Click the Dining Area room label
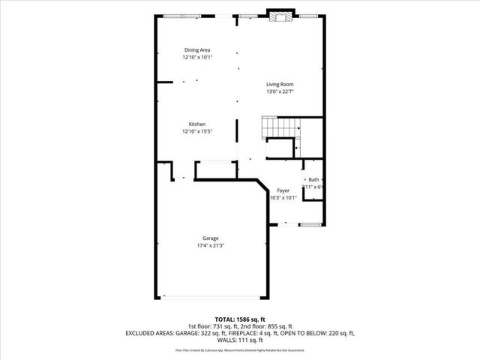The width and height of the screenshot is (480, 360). coord(196,50)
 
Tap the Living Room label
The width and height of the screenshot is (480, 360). coord(280,84)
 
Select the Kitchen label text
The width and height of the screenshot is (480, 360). coord(196,124)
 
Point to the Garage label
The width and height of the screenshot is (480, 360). coord(210,238)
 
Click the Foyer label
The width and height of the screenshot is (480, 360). coord(283,190)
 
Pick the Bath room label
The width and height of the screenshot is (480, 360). coord(313,180)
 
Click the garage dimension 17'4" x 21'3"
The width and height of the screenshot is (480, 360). coord(210,245)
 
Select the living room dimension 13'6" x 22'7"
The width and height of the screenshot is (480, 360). coord(280,91)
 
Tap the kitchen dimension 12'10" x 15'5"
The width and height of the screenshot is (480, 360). coord(196,132)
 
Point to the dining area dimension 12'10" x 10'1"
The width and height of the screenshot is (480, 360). coord(196,58)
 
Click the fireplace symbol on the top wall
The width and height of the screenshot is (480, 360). coord(280,16)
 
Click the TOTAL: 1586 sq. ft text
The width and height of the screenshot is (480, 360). coord(240,319)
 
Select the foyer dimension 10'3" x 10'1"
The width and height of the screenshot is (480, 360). coord(283,198)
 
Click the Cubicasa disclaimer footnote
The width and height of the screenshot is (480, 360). coord(240,350)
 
